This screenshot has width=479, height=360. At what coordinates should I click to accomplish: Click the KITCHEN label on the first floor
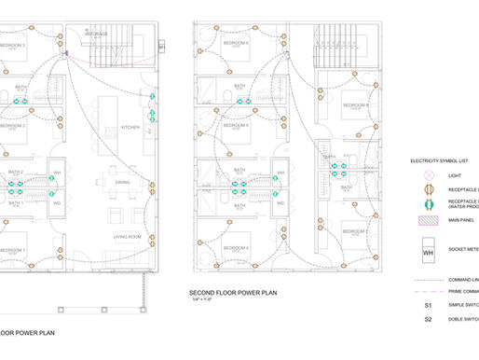130,128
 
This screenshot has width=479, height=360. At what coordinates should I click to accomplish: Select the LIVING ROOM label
128,236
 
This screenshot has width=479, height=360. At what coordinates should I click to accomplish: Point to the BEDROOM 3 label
12,45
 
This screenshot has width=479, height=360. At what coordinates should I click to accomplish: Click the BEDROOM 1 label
12,251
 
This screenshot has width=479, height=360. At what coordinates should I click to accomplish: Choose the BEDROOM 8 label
355,105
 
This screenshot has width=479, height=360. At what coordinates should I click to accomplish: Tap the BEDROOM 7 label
355,231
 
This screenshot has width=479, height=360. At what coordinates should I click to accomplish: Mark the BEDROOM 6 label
236,44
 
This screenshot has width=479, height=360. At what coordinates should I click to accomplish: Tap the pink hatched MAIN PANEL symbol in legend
430,222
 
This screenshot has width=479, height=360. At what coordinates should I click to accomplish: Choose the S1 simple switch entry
429,304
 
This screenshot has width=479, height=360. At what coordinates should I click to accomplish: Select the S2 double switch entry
429,320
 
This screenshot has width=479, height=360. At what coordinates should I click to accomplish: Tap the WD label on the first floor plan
56,202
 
